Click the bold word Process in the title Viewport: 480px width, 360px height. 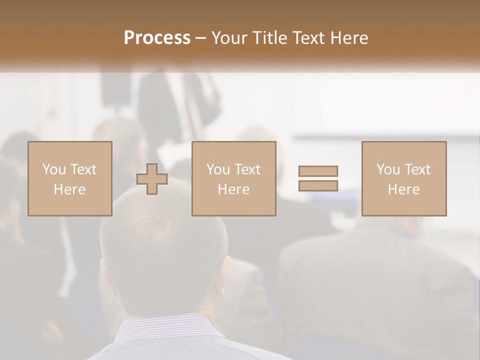pyautogui.click(x=157, y=38)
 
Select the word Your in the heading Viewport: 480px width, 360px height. pyautogui.click(x=231, y=38)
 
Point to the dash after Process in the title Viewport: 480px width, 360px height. pyautogui.click(x=200, y=38)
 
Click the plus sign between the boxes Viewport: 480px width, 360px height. pyautogui.click(x=152, y=179)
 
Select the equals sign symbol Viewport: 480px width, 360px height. pyautogui.click(x=318, y=178)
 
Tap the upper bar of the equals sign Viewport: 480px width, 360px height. pyautogui.click(x=318, y=171)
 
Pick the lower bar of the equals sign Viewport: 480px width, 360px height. pyautogui.click(x=318, y=185)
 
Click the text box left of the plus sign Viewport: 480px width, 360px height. pyautogui.click(x=70, y=178)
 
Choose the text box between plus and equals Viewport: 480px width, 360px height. pyautogui.click(x=234, y=178)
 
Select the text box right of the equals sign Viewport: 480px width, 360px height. pyautogui.click(x=404, y=178)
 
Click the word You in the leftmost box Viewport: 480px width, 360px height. pyautogui.click(x=53, y=169)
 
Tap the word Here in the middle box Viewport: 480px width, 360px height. pyautogui.click(x=234, y=189)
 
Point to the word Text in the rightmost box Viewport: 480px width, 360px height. pyautogui.click(x=417, y=169)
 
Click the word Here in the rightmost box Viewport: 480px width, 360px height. pyautogui.click(x=404, y=189)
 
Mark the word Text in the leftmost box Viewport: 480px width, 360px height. pyautogui.click(x=83, y=169)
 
